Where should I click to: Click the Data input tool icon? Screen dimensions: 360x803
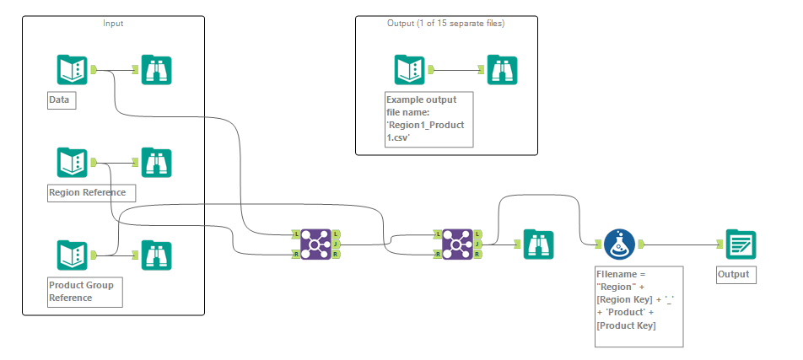tap(72, 70)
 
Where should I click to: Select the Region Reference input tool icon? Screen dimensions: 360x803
tap(72, 162)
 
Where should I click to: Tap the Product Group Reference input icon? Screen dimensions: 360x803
tap(72, 255)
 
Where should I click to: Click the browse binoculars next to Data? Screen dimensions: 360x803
tap(156, 70)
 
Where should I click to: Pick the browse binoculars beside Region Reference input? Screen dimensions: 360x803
tap(156, 162)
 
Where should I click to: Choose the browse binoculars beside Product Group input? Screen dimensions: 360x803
tap(156, 255)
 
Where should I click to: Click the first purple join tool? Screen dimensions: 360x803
tap(314, 243)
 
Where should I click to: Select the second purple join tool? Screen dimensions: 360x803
tap(456, 243)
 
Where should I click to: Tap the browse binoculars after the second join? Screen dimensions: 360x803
tap(537, 244)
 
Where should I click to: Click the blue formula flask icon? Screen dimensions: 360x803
tap(619, 244)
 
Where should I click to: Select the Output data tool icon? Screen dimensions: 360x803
tap(741, 244)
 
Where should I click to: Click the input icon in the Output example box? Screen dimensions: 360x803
tap(409, 70)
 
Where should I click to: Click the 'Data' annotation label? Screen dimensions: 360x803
tap(61, 100)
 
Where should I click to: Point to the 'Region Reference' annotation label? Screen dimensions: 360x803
tap(88, 192)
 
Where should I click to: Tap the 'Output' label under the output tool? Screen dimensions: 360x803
tap(733, 274)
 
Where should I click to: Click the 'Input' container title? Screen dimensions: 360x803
tap(113, 23)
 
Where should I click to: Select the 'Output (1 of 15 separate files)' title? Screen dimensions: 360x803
tap(445, 23)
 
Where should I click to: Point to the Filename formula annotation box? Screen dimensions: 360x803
tap(638, 305)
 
